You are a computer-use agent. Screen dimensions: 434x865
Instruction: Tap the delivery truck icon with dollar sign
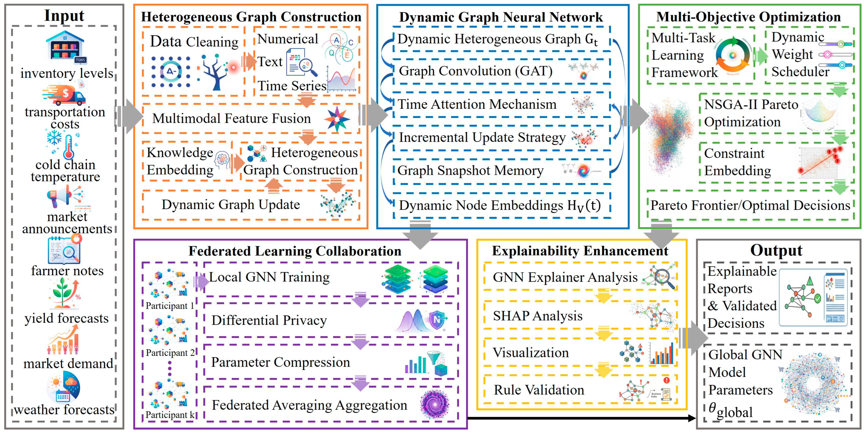tap(64, 94)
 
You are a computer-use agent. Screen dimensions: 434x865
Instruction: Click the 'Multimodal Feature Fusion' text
tap(231, 118)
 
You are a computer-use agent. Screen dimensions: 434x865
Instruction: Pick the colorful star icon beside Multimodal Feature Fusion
tap(337, 119)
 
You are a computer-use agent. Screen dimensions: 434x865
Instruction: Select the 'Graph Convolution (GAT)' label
tap(476, 71)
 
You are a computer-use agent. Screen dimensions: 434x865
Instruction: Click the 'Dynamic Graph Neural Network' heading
tap(501, 17)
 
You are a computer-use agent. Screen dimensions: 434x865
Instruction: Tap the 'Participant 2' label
tap(170, 353)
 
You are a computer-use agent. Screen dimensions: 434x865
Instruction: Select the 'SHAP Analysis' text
tap(538, 316)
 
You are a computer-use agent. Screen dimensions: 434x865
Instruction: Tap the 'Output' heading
tap(776, 250)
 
